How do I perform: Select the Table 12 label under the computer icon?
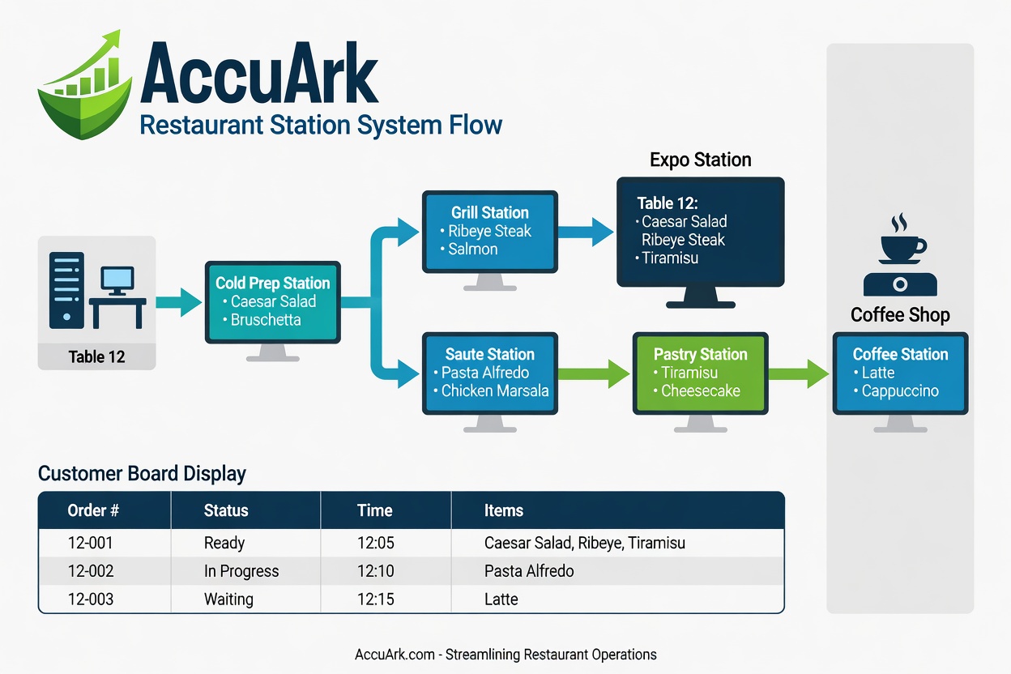pos(96,356)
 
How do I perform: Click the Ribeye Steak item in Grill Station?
pos(489,231)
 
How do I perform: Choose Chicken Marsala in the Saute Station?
pos(494,390)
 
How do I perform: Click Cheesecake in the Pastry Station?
pos(702,390)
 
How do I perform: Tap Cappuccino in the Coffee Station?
pos(899,390)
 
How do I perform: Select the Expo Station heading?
pos(701,160)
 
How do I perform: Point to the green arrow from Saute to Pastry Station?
pos(594,373)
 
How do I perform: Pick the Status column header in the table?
pos(226,511)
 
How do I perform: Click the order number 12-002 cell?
pos(91,571)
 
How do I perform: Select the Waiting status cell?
pos(228,599)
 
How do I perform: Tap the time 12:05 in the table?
pos(375,543)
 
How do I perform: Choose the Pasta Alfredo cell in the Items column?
pos(529,571)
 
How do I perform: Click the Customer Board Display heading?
pos(142,473)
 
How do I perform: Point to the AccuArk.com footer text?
pos(505,655)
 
